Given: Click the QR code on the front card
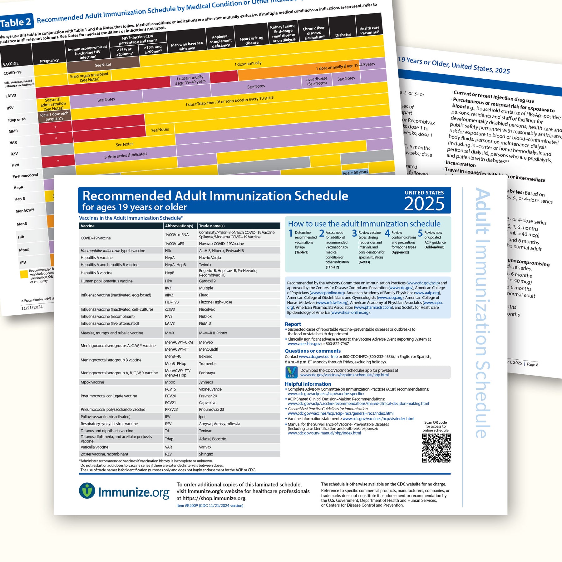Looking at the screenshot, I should [x=436, y=448].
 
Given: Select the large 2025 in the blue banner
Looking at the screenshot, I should [x=424, y=204].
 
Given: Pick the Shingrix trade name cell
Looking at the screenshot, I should [x=206, y=454].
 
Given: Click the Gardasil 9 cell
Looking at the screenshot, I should [x=207, y=281].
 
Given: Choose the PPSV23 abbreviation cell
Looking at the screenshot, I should [x=171, y=409].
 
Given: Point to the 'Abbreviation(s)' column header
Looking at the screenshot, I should [x=179, y=226].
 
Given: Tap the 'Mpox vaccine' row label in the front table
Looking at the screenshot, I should [x=92, y=382].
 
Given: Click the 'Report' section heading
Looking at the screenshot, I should [x=293, y=324].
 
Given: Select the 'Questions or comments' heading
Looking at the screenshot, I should [x=313, y=351].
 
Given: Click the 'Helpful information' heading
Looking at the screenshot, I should [x=308, y=384].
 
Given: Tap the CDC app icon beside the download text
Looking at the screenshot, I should [x=292, y=372].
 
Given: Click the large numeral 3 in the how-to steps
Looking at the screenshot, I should [x=354, y=233].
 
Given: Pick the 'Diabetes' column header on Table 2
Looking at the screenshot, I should [x=343, y=35].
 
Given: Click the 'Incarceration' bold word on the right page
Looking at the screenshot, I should [x=461, y=164].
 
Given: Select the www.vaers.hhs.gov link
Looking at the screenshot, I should [x=304, y=344].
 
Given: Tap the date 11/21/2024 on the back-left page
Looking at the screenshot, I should [x=32, y=308].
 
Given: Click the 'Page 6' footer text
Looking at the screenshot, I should [x=533, y=364].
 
